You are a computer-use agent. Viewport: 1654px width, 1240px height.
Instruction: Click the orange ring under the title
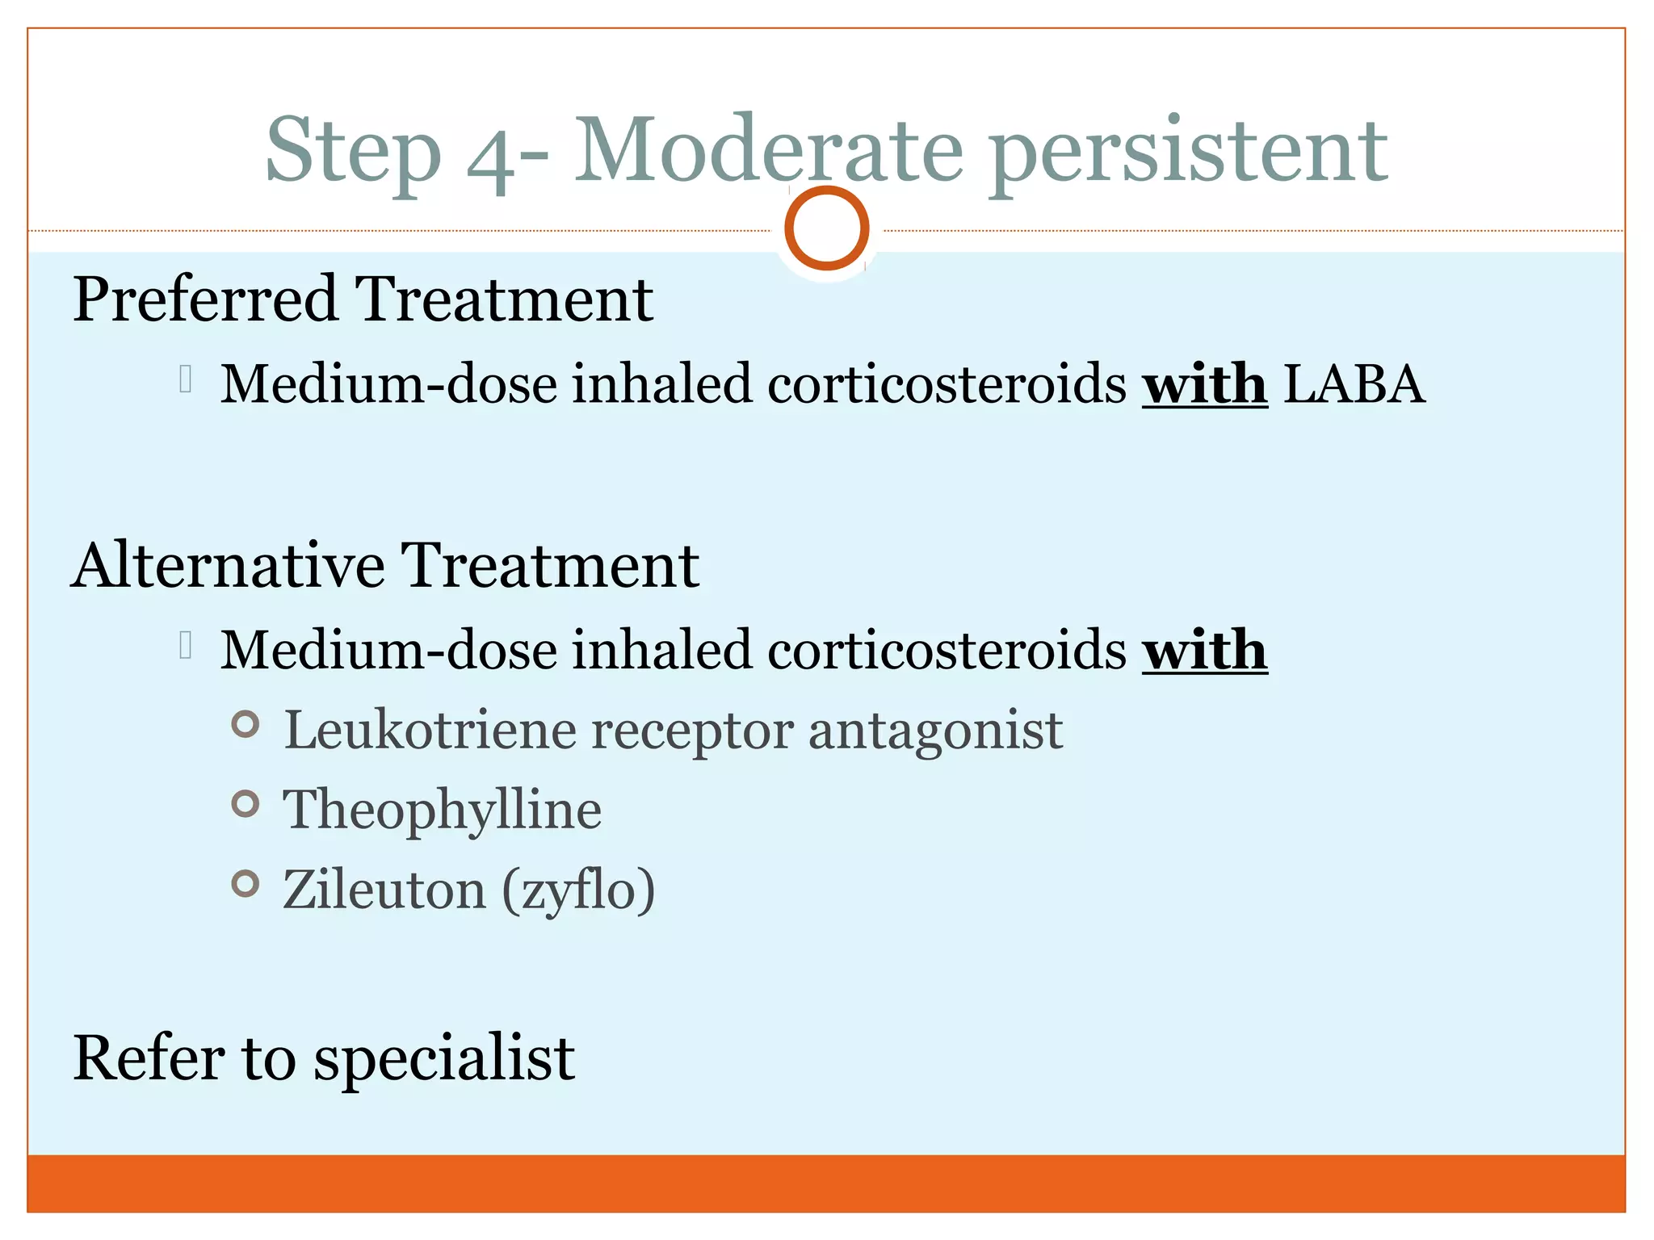pyautogui.click(x=826, y=228)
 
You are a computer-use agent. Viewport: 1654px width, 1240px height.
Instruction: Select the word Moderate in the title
pyautogui.click(x=768, y=149)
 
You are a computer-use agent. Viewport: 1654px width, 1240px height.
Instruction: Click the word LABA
pyautogui.click(x=1354, y=384)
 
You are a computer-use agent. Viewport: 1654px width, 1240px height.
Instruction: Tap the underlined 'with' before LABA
pyautogui.click(x=1204, y=384)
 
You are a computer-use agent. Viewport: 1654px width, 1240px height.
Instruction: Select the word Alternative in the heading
pyautogui.click(x=228, y=566)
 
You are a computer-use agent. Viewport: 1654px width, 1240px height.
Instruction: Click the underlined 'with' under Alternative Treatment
pyautogui.click(x=1204, y=651)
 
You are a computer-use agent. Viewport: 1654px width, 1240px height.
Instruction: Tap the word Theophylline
pyautogui.click(x=442, y=811)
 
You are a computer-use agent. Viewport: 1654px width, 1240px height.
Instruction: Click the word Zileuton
pyautogui.click(x=384, y=890)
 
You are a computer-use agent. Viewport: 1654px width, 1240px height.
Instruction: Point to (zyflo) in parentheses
pyautogui.click(x=578, y=891)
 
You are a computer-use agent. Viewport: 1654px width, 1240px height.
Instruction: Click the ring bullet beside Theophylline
pyautogui.click(x=246, y=804)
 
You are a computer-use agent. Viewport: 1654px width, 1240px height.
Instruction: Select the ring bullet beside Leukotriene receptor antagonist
pyautogui.click(x=246, y=724)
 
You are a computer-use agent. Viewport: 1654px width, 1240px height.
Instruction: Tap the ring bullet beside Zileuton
pyautogui.click(x=246, y=884)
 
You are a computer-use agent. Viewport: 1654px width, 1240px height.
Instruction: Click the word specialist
pyautogui.click(x=444, y=1060)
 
